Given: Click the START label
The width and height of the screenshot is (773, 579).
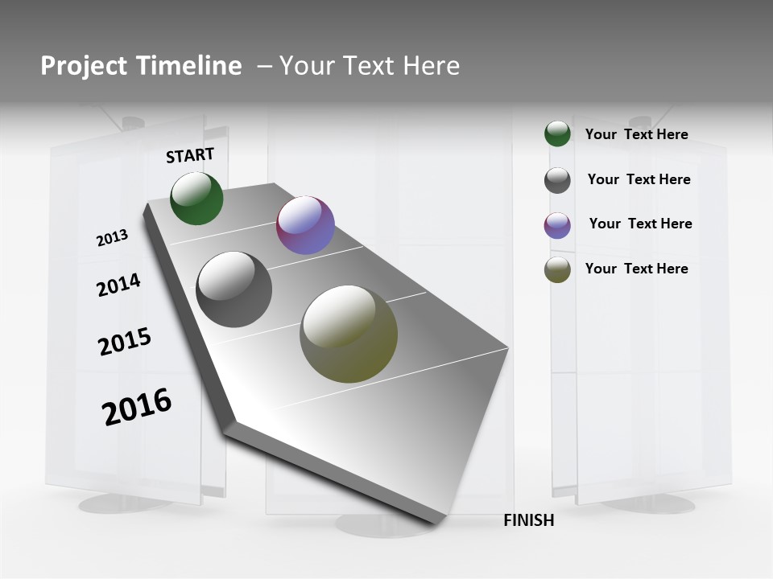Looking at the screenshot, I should click(x=190, y=155).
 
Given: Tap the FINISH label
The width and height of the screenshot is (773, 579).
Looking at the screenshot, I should click(x=529, y=520).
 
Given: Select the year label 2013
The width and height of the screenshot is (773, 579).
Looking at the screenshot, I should click(x=112, y=238).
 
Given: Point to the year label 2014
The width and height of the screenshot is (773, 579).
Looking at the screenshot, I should click(x=118, y=285).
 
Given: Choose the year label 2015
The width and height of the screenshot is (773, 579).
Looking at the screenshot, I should click(x=125, y=341).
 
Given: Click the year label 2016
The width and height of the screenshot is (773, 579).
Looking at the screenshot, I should click(x=137, y=407).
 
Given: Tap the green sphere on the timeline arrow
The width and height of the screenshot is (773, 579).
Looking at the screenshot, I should click(x=196, y=199).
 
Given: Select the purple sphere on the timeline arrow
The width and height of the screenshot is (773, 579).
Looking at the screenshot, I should click(x=305, y=225).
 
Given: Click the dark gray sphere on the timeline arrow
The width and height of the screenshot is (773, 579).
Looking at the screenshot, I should click(x=234, y=289).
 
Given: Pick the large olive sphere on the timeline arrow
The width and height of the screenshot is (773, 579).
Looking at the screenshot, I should click(x=349, y=334).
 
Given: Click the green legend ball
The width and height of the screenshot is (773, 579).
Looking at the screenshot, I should click(x=557, y=134).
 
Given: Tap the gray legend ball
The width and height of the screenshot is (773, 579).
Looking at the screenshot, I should click(x=557, y=180).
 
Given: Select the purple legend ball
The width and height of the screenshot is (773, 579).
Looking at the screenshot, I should click(x=557, y=225).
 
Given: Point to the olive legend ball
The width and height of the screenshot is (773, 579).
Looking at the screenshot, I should click(x=557, y=269).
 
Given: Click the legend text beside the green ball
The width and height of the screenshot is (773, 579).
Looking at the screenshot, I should click(x=636, y=134).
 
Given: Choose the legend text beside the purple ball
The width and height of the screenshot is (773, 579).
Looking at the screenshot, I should click(x=640, y=224).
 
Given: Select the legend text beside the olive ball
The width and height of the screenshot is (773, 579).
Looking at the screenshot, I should click(x=636, y=269).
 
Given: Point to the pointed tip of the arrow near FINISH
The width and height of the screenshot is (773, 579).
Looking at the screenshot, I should click(x=436, y=524).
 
